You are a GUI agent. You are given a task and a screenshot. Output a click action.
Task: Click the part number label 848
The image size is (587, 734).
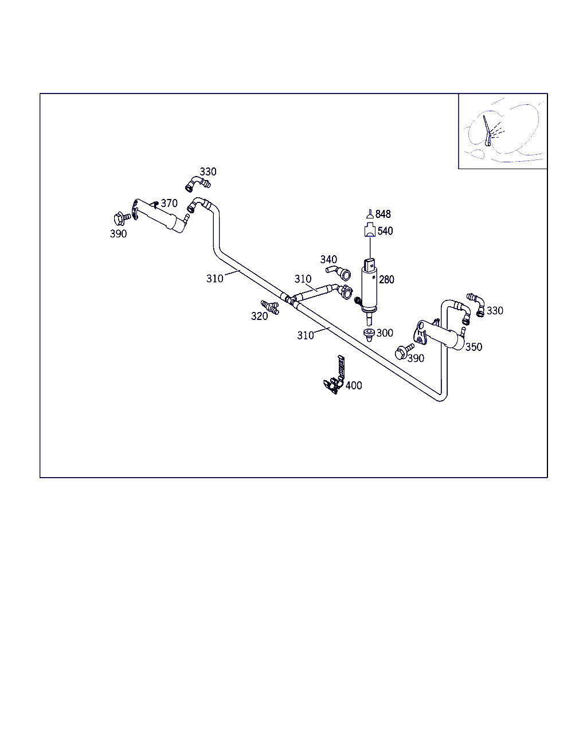click(x=383, y=214)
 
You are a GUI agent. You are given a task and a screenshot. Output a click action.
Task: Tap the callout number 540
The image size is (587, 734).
click(x=385, y=231)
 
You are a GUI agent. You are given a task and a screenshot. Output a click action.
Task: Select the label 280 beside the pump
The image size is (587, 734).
click(x=386, y=280)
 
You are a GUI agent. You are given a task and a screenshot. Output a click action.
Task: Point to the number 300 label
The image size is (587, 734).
click(x=385, y=333)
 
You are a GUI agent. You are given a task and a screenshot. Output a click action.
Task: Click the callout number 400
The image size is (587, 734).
click(x=354, y=385)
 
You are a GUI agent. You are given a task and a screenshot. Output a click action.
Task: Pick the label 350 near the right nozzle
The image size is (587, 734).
click(x=473, y=347)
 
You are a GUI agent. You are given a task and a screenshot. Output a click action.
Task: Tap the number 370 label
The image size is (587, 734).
click(x=169, y=203)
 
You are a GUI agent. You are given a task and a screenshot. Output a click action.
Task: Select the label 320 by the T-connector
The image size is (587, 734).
click(x=259, y=316)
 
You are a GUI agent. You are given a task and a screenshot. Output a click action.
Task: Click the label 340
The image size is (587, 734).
click(x=328, y=260)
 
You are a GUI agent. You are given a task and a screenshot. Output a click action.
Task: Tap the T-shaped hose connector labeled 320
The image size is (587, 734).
click(x=270, y=307)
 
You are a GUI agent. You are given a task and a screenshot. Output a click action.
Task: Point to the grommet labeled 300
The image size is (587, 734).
click(x=369, y=334)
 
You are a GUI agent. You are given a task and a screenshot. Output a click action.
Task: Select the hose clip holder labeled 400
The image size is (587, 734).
click(x=335, y=375)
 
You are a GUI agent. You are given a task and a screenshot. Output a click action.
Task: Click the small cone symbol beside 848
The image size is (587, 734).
click(x=370, y=214)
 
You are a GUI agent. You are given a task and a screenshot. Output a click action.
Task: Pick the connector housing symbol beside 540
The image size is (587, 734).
click(x=370, y=229)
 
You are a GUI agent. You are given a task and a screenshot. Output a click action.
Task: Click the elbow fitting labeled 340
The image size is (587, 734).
click(x=339, y=273)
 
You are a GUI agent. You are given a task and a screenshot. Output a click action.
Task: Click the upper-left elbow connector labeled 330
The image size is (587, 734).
click(x=198, y=184)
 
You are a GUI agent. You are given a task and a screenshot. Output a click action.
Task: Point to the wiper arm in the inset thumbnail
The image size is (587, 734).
click(x=487, y=131)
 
